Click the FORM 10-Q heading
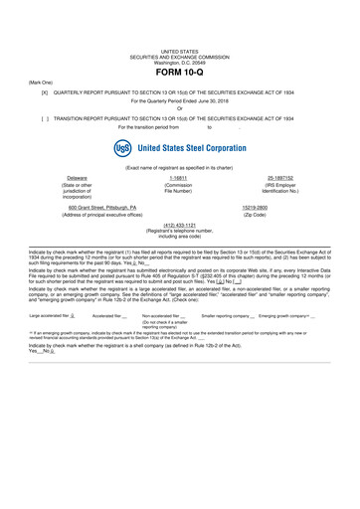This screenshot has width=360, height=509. [x=180, y=73]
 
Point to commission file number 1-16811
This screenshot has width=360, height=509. [x=179, y=178]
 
